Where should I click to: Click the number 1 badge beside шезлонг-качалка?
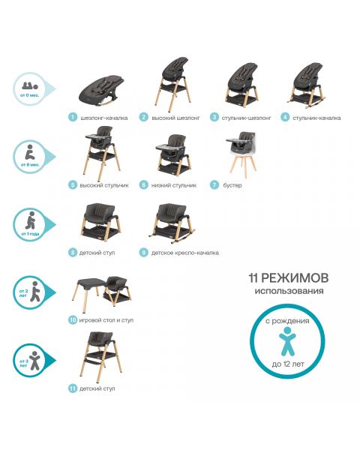(x=73, y=117)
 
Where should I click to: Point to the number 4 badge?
(x=285, y=117)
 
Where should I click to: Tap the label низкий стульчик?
(x=176, y=184)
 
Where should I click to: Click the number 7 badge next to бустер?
(x=214, y=184)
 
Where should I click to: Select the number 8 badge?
(x=73, y=253)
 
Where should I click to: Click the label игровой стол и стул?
(x=109, y=320)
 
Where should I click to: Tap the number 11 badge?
(x=73, y=388)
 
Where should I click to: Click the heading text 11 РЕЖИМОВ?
(x=288, y=278)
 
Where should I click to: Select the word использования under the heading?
(x=289, y=291)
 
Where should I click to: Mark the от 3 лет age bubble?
(x=32, y=361)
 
